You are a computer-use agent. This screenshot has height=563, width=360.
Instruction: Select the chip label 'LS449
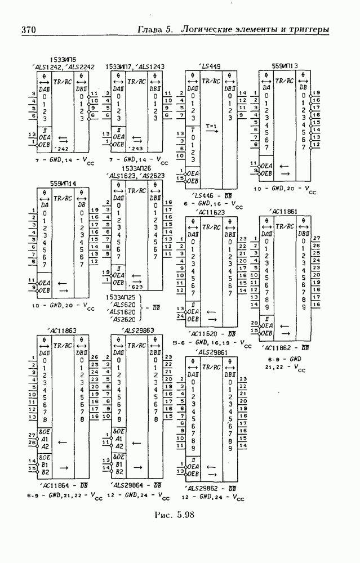tap(210, 66)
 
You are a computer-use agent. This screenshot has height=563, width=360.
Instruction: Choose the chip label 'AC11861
tap(284, 212)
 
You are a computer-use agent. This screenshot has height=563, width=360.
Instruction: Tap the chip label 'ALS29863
tap(137, 330)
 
